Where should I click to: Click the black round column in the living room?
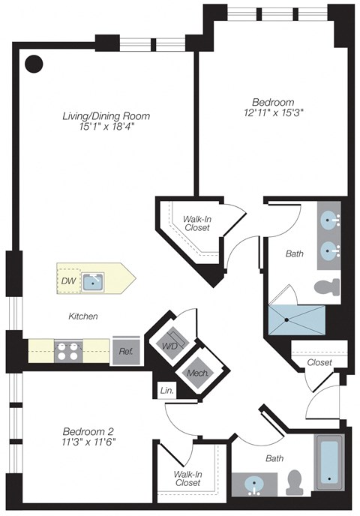pyautogui.click(x=33, y=64)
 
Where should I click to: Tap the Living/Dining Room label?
pyautogui.click(x=106, y=116)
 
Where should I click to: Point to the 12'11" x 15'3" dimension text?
pyautogui.click(x=273, y=113)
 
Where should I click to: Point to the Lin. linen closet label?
pyautogui.click(x=166, y=390)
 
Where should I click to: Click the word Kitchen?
pyautogui.click(x=82, y=316)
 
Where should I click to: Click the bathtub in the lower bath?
pyautogui.click(x=330, y=461)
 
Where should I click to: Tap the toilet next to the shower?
pyautogui.click(x=326, y=286)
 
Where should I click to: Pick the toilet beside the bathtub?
pyautogui.click(x=295, y=480)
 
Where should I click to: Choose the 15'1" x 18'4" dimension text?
pyautogui.click(x=106, y=128)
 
